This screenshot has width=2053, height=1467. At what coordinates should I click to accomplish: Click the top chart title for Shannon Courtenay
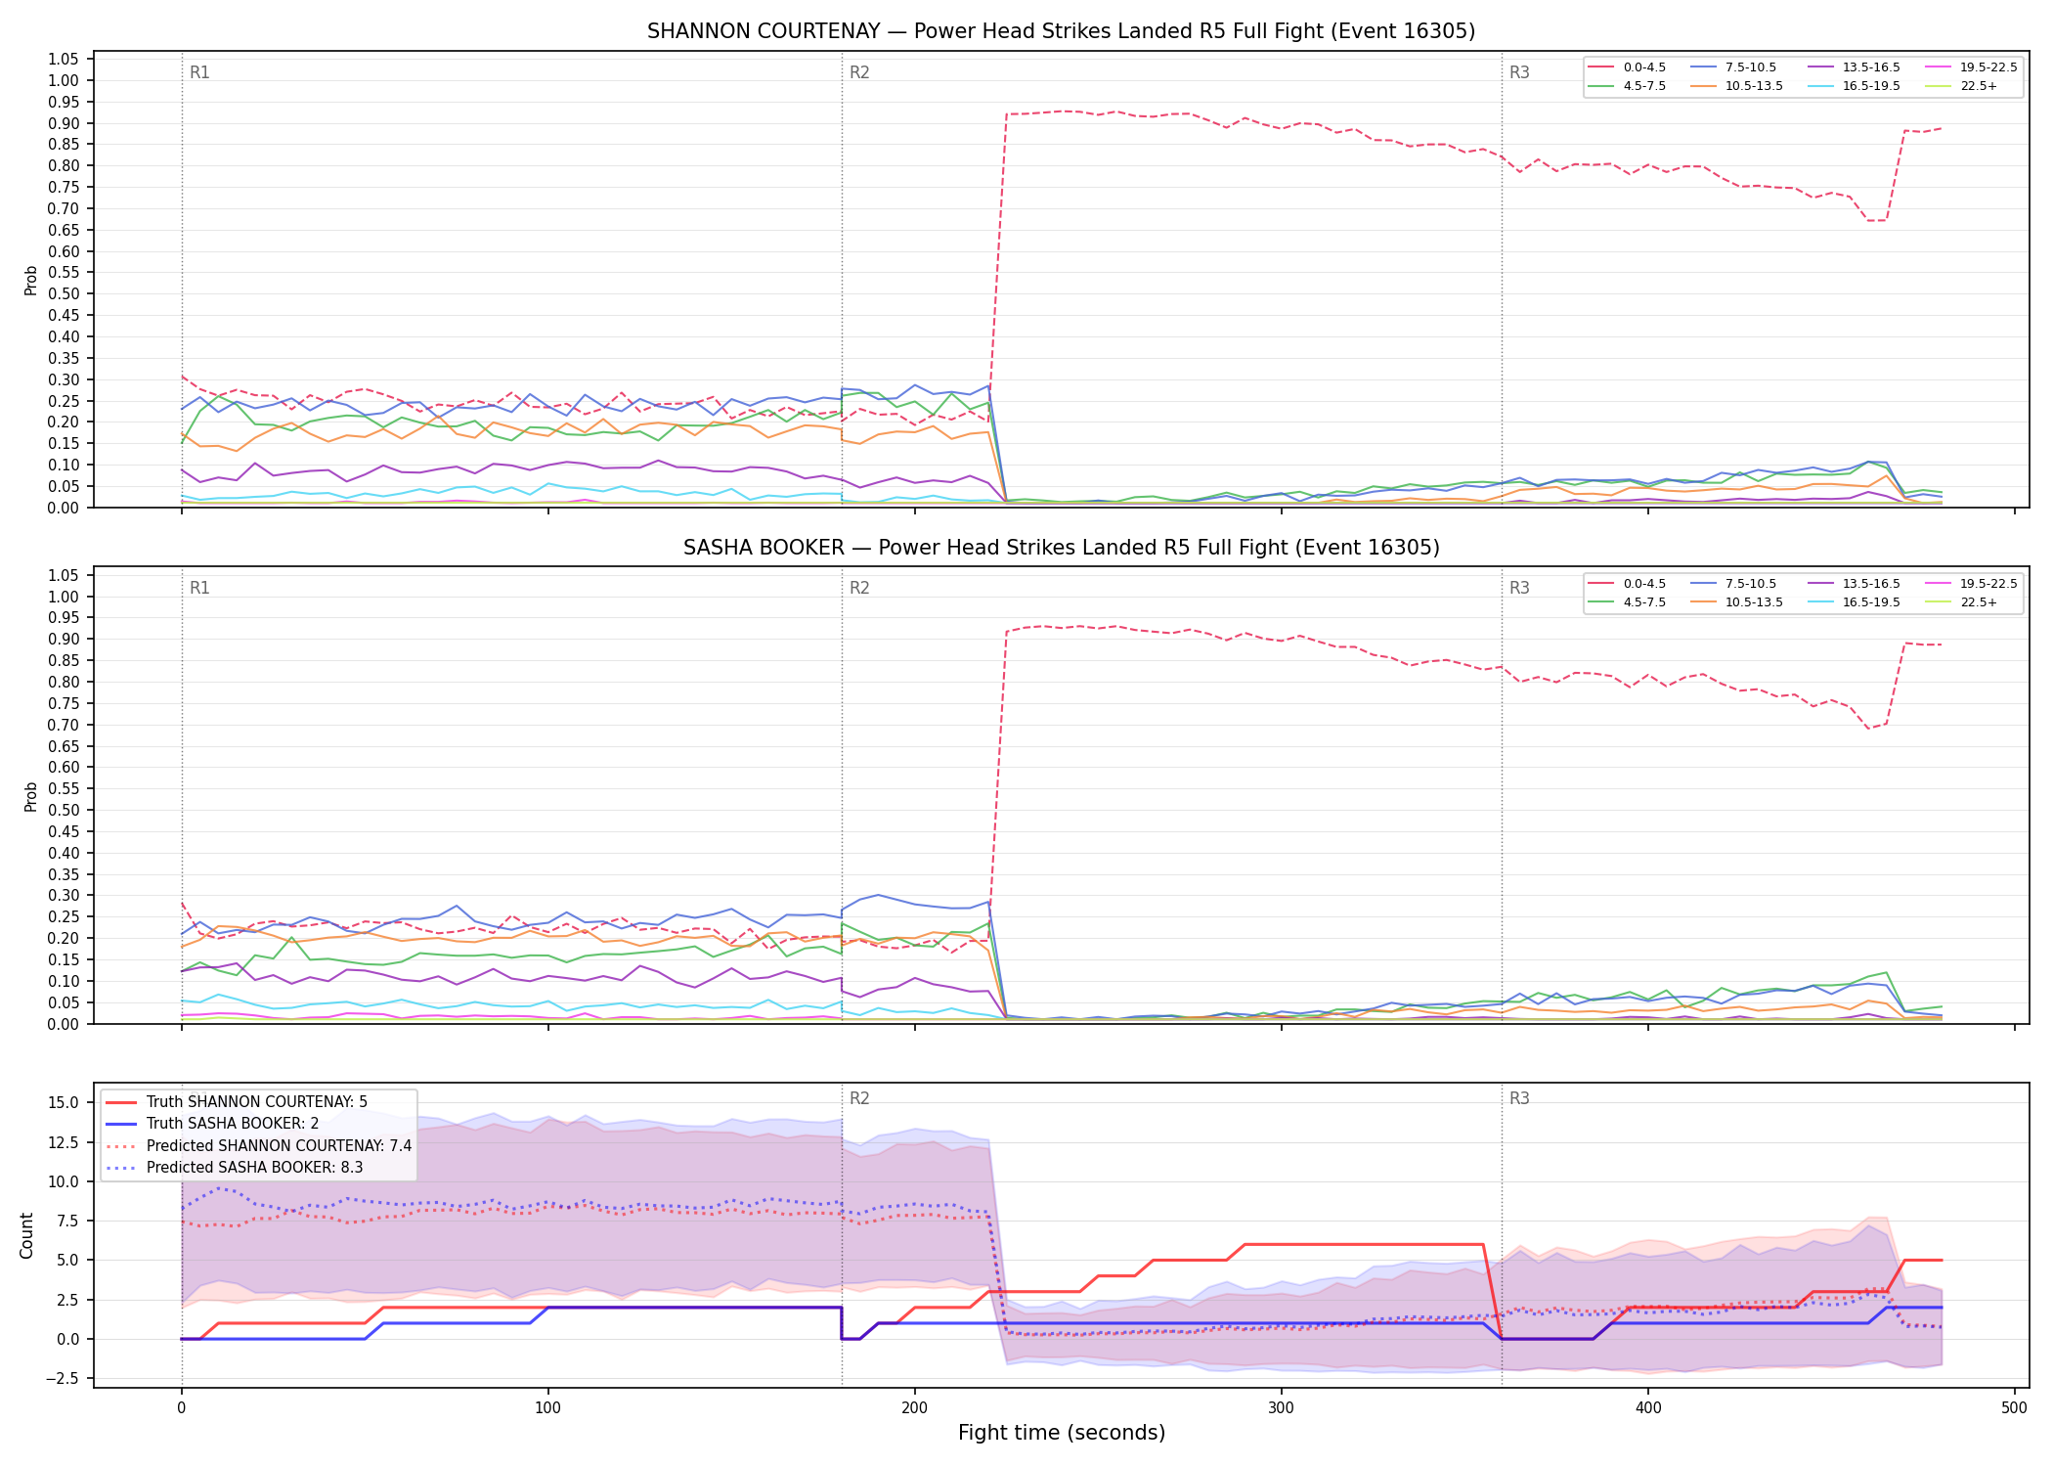(x=1061, y=31)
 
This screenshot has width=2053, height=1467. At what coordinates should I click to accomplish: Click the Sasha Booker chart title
(x=1061, y=548)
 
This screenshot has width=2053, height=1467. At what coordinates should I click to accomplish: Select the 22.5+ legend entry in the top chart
(x=1979, y=86)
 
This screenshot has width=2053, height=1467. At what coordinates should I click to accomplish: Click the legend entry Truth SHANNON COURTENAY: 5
(x=257, y=1102)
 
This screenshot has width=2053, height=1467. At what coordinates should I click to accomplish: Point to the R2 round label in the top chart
(x=859, y=72)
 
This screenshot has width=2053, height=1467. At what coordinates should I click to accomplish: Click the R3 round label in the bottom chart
(x=1519, y=1098)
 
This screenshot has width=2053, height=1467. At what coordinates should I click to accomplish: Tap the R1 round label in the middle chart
(x=199, y=588)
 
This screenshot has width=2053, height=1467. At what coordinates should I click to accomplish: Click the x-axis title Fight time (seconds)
(x=1062, y=1433)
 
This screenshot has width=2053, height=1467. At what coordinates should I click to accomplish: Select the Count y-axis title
(x=26, y=1235)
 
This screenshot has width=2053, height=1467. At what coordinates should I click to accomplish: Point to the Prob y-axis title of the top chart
(x=31, y=281)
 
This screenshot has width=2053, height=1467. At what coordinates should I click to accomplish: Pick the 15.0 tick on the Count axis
(x=63, y=1102)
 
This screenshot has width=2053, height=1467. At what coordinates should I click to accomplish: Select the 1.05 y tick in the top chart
(x=64, y=60)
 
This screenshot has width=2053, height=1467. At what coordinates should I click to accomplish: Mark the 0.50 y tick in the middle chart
(x=64, y=810)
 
